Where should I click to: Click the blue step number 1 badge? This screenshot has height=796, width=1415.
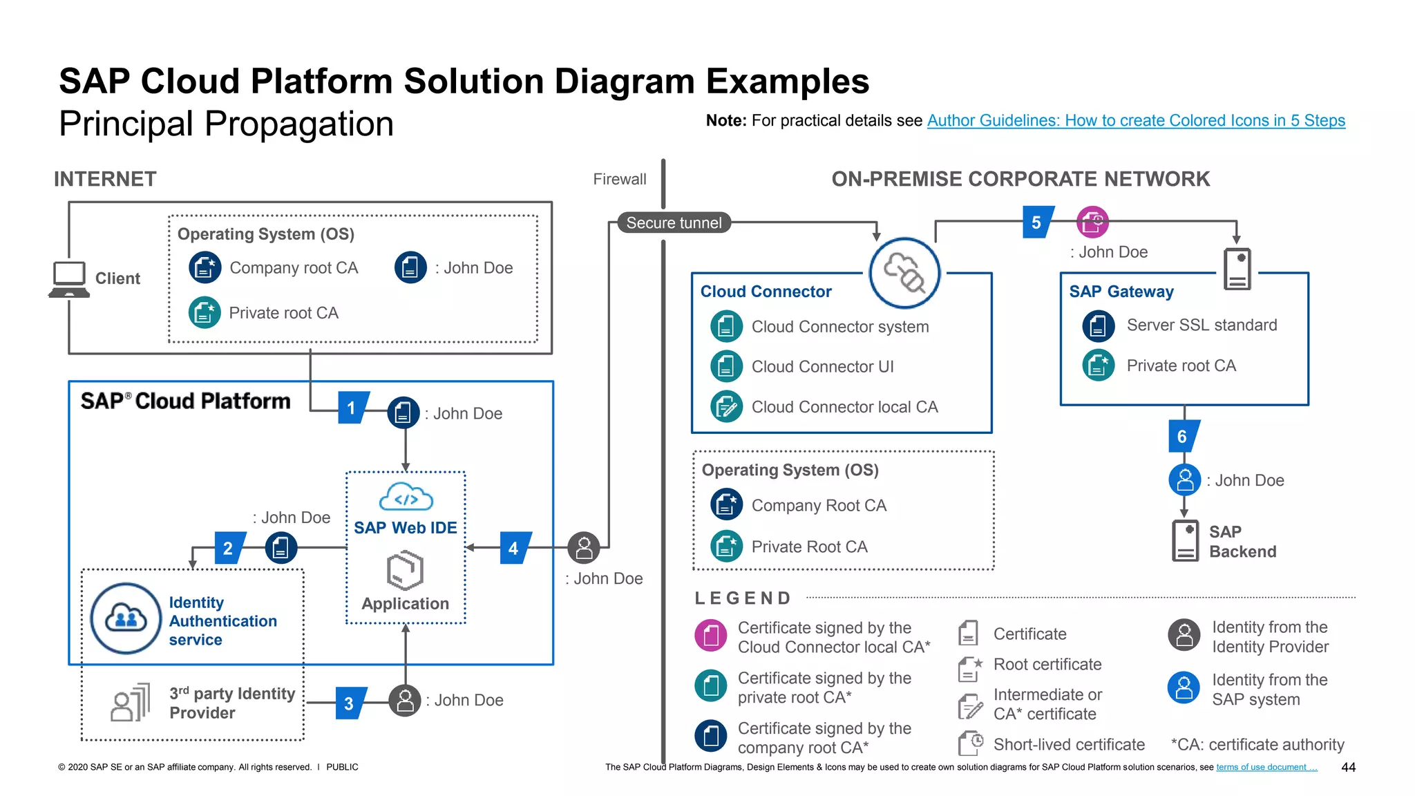tap(352, 408)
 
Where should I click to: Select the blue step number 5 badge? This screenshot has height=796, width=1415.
tap(1037, 222)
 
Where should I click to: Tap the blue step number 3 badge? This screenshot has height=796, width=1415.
tap(350, 703)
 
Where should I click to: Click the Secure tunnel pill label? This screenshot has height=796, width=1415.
tap(674, 222)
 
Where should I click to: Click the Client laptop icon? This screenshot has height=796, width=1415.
tap(69, 279)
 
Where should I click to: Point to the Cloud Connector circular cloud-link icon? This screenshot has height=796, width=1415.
tap(904, 273)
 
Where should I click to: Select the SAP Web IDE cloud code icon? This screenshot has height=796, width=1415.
tap(406, 497)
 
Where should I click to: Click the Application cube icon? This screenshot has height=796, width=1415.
tap(406, 570)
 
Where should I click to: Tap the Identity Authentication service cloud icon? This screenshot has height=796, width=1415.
tap(126, 618)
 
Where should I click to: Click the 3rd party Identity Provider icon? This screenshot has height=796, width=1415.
tap(131, 703)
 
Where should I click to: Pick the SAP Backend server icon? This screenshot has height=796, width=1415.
tap(1186, 541)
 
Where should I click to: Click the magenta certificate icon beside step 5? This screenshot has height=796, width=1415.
tap(1092, 222)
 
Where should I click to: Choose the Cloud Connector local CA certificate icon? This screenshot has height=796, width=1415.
tap(726, 407)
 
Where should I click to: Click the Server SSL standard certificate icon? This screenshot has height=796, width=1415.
tap(1099, 325)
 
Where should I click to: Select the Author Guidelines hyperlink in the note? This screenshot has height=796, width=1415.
tap(1136, 120)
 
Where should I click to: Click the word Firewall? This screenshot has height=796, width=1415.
tap(619, 180)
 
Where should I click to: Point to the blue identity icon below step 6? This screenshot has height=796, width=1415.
tap(1185, 480)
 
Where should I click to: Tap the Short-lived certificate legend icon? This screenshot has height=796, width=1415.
tap(970, 743)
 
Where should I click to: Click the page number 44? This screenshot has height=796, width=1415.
tap(1348, 767)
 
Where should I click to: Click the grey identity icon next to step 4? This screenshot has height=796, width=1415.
tap(584, 548)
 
